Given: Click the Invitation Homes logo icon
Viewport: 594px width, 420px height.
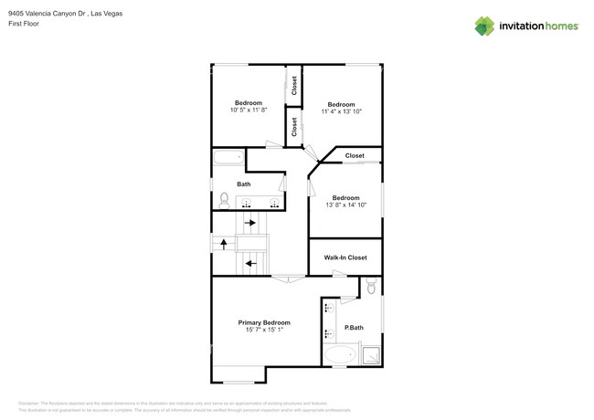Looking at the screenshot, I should click(x=484, y=26).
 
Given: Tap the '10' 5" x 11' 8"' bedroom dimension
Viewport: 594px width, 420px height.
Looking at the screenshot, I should click(x=248, y=110).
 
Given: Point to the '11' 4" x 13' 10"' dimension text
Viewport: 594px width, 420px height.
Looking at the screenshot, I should click(x=341, y=111).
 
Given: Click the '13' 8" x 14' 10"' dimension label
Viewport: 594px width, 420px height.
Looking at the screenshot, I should click(x=345, y=205).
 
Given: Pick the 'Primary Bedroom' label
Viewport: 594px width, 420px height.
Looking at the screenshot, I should click(x=264, y=322).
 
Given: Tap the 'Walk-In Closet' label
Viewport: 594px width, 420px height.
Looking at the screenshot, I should click(x=345, y=257).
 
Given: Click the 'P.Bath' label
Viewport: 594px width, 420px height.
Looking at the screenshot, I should click(x=354, y=328).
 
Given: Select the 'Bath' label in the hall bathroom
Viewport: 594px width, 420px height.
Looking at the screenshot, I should click(x=244, y=184).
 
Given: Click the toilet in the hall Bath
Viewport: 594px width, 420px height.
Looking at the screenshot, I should click(x=224, y=200).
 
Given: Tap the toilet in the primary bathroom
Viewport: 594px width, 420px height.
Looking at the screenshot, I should click(x=370, y=287).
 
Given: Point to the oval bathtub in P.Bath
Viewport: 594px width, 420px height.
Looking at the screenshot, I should click(x=342, y=354).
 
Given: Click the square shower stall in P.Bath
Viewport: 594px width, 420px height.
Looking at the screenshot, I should click(x=371, y=354).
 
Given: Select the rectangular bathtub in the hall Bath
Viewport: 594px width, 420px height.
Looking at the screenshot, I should click(x=228, y=157).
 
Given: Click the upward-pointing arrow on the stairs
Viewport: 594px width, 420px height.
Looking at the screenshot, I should click(x=223, y=244).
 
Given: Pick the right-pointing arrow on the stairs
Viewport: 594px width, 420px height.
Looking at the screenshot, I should click(x=249, y=222).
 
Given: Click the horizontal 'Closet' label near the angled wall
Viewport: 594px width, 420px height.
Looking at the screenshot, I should click(x=355, y=156).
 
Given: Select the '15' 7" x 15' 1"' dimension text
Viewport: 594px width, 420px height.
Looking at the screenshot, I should click(x=264, y=331).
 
